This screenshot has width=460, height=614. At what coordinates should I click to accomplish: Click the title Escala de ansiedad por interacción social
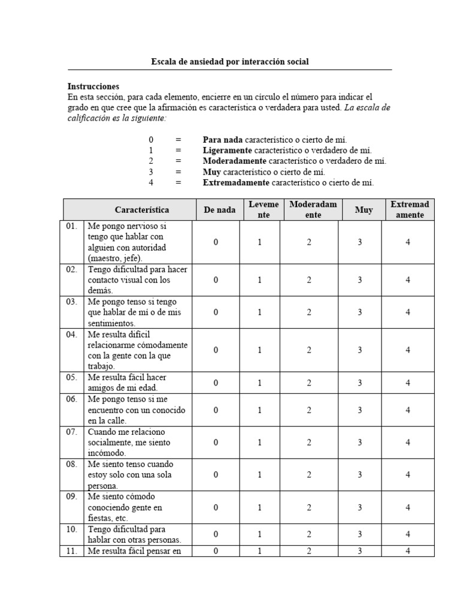pos(230,62)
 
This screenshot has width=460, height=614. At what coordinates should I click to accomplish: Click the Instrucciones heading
pos(93,86)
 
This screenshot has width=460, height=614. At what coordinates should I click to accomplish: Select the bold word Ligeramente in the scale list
pos(228,150)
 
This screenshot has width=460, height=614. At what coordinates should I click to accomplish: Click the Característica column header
pos(142,210)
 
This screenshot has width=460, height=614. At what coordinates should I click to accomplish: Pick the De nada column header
pos(219,210)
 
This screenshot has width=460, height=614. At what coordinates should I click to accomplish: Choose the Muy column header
pos(363,210)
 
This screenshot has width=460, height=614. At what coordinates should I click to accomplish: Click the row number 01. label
pos(72,227)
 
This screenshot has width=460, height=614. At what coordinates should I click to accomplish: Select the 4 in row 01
pos(407,242)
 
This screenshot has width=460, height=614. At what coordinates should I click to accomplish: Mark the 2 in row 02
pos(309,280)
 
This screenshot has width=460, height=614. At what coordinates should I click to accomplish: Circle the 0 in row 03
pos(216,312)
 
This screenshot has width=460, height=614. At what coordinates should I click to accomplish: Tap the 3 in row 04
pos(360,350)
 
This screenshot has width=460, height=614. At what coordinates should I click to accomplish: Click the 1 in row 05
pos(260,383)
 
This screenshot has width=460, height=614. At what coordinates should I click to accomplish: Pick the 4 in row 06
pos(407,410)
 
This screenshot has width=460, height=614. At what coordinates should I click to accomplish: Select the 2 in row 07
pos(309,443)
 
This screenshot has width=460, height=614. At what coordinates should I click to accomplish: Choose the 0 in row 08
pos(216,475)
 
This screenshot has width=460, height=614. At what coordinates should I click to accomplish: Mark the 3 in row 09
pos(360,507)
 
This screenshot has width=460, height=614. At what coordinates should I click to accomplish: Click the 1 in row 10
pos(260,534)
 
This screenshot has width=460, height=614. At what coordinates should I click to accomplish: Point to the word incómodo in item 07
pos(105,453)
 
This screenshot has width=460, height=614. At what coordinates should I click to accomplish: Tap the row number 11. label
pos(72,551)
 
